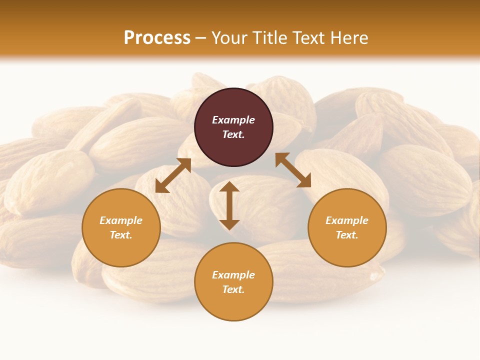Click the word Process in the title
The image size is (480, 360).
[x=157, y=38]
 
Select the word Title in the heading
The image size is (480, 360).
[x=271, y=38]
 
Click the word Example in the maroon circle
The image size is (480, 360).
[x=233, y=120]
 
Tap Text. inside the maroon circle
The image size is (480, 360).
[x=233, y=134]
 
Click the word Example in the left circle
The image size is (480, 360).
[x=121, y=220]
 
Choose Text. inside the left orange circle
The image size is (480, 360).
[x=121, y=235]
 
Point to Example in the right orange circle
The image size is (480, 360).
[x=347, y=220]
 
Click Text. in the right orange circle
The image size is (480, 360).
[x=347, y=235]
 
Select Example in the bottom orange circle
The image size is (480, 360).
[x=233, y=275]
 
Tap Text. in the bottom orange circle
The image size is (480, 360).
[x=233, y=289]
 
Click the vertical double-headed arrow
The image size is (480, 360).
[x=229, y=205]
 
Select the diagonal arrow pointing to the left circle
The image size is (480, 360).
[x=173, y=175]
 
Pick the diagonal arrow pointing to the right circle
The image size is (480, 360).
[x=293, y=170]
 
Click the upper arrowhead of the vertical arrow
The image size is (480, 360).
[x=229, y=187]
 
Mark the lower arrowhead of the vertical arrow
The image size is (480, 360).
[x=229, y=224]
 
